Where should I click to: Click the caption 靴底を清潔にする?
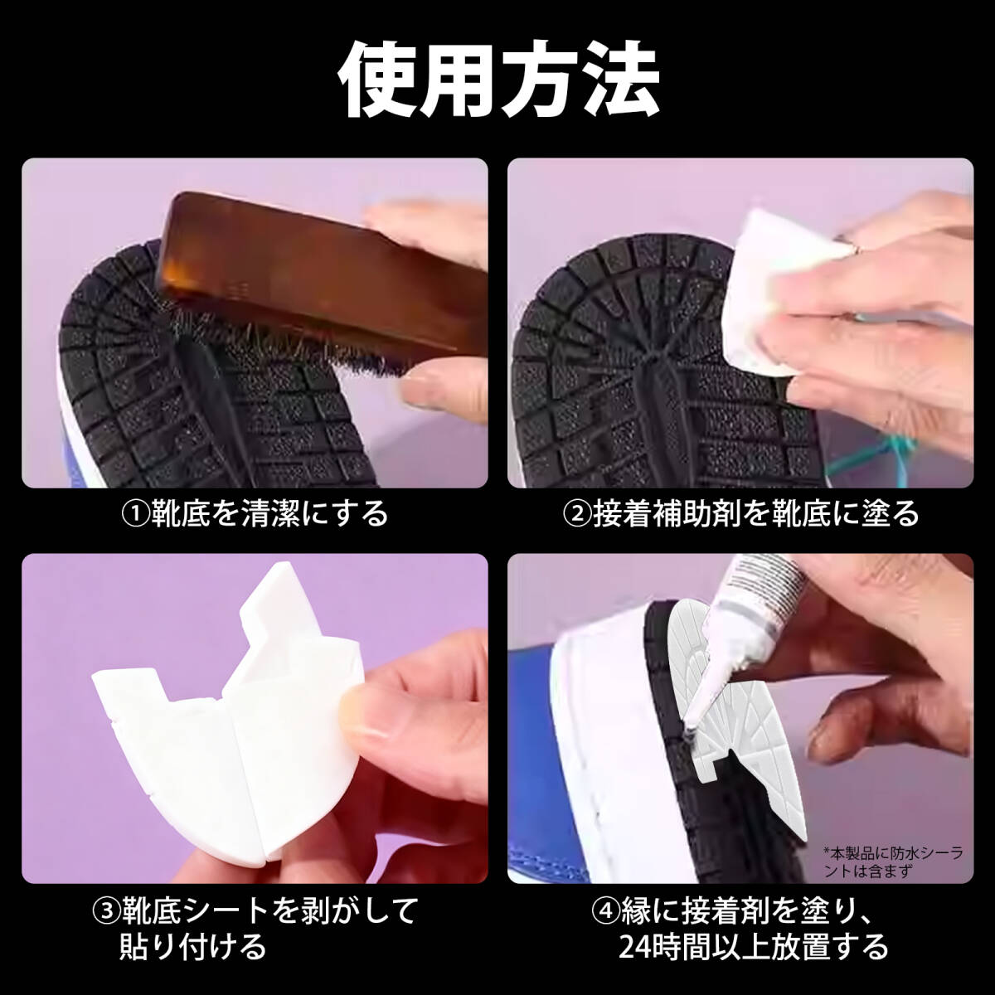pos(269,514)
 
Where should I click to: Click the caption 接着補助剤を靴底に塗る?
pos(755,514)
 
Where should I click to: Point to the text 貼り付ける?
pos(192,945)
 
